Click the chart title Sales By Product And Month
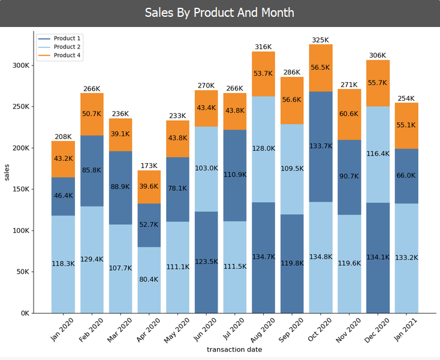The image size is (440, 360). tap(219, 13)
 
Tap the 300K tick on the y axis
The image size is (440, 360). tap(21, 65)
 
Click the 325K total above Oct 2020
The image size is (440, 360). tap(321, 40)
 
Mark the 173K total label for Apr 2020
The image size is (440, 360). tap(149, 166)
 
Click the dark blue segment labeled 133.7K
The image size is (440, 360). tap(321, 146)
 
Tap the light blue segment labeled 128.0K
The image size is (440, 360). tap(264, 149)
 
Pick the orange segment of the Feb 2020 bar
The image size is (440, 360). tap(92, 114)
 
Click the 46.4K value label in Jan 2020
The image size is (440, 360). tap(63, 196)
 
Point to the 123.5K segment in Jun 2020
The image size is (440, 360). tap(206, 262)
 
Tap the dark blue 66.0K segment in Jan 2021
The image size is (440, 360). tap(406, 176)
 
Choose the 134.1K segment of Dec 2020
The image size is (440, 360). tap(378, 257)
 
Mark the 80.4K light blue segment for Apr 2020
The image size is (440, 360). tap(149, 280)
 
